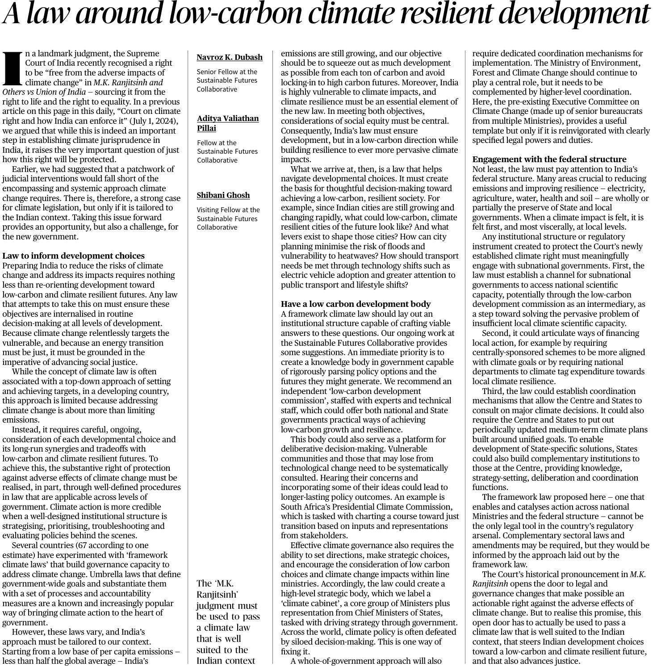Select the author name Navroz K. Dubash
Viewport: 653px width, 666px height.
click(x=230, y=57)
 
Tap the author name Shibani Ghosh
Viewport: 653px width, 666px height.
click(x=223, y=195)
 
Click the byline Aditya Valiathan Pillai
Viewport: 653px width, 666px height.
click(x=228, y=123)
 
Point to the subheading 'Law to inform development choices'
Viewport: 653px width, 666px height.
click(x=73, y=256)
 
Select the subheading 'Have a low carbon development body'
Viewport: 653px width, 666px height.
click(x=356, y=304)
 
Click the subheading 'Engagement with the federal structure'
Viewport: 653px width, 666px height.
click(x=549, y=159)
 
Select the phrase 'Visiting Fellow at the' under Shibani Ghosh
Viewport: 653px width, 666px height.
click(x=228, y=210)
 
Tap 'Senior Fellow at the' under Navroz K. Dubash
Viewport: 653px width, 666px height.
click(x=227, y=72)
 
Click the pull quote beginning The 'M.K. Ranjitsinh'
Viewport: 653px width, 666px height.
click(x=228, y=621)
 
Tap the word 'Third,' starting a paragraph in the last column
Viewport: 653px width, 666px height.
click(x=493, y=391)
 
